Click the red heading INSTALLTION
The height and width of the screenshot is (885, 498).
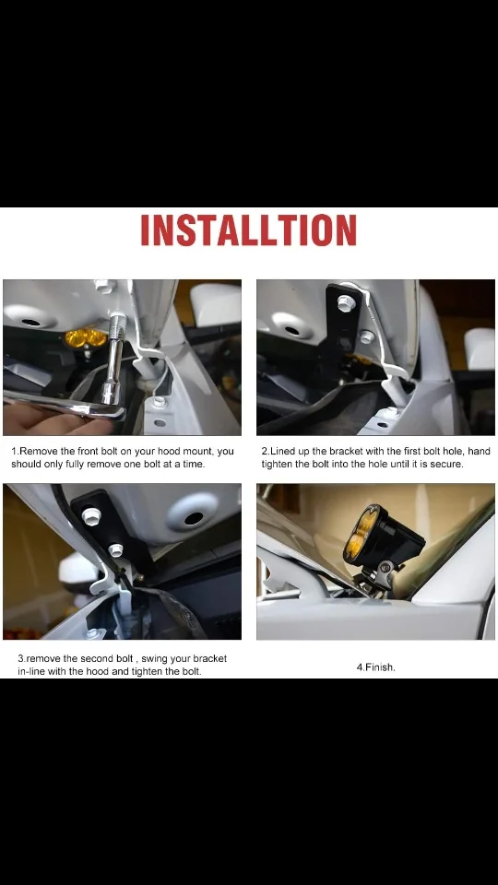tap(248, 230)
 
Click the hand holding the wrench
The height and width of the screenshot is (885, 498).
tap(40, 418)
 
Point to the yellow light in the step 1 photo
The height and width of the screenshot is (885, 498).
tap(85, 338)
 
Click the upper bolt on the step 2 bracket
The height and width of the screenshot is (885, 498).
tap(346, 303)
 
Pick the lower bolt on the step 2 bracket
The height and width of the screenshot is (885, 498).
tap(366, 337)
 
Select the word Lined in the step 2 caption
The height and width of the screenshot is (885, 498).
tap(281, 452)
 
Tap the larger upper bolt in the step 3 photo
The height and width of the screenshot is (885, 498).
tap(91, 515)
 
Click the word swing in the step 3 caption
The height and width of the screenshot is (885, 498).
tap(157, 659)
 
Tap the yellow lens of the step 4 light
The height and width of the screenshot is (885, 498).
tap(362, 533)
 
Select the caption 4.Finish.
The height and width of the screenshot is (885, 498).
tap(375, 667)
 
